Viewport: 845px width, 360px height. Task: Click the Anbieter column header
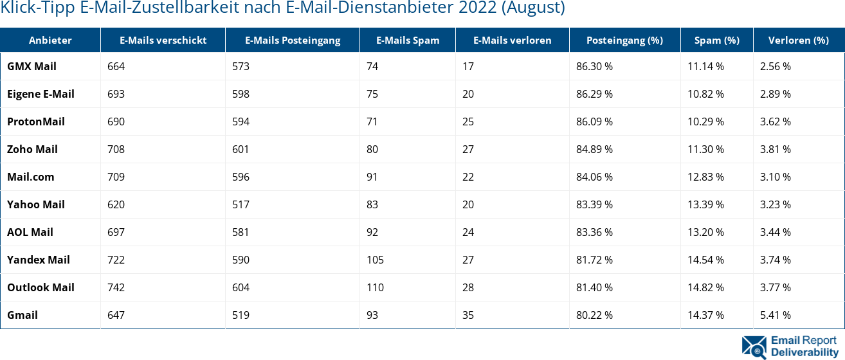click(50, 40)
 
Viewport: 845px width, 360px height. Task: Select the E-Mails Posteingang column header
click(293, 40)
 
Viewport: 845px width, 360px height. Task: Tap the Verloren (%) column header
click(798, 40)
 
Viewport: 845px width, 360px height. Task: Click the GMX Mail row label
click(32, 66)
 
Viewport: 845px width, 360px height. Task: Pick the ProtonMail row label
click(36, 122)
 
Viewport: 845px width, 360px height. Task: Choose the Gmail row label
click(23, 315)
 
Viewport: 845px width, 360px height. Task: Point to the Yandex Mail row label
click(39, 260)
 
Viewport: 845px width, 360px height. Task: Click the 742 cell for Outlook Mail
click(116, 287)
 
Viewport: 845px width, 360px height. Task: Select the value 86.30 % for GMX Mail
click(594, 66)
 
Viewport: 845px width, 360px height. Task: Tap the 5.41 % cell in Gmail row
click(775, 315)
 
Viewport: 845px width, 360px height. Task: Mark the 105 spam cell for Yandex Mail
click(375, 260)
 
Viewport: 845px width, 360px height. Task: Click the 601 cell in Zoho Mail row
click(241, 149)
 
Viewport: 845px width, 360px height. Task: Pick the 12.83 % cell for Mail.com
click(705, 177)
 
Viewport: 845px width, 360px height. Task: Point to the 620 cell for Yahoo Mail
click(116, 204)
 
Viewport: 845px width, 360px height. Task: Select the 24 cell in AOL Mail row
click(468, 232)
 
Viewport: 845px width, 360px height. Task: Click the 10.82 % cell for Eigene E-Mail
click(705, 94)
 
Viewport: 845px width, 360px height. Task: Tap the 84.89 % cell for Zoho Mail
click(594, 149)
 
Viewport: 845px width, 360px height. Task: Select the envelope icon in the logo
click(754, 346)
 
